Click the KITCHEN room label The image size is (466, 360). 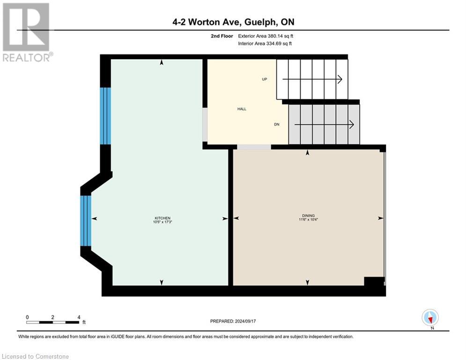pos(163,218)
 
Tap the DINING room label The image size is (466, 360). pos(308,216)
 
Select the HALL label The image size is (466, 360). pos(242,109)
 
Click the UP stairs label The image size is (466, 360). pos(265,79)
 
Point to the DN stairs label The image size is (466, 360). pos(277,125)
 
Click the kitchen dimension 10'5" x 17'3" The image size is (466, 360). pos(163,222)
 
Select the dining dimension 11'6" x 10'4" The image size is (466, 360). pos(308,219)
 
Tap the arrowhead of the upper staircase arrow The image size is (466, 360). pos(340,79)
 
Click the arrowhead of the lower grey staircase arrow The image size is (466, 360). pos(351,125)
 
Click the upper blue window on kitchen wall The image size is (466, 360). pos(106,116)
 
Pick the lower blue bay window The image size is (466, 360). pos(85,221)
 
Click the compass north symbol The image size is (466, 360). pos(430,317)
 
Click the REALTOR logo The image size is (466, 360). pos(26,32)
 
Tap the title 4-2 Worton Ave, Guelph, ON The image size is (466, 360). pos(233,22)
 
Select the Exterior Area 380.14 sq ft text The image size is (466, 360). pos(266,36)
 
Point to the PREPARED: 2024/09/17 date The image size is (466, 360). pos(233,321)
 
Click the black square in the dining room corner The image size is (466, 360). pos(374,281)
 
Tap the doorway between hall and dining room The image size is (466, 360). pos(254,147)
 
